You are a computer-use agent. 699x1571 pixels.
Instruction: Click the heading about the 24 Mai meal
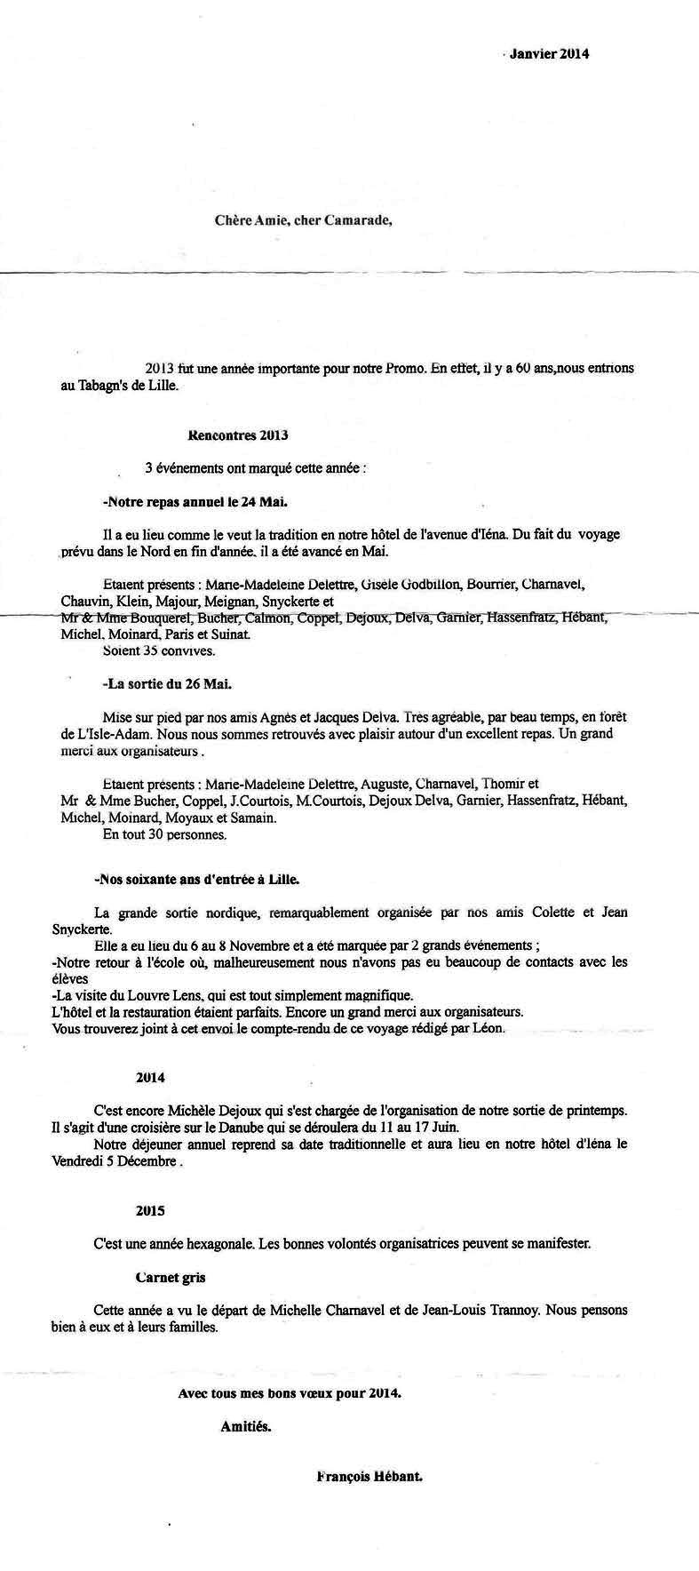point(195,502)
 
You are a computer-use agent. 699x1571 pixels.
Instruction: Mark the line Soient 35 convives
point(147,650)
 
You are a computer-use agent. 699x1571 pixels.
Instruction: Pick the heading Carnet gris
point(171,1277)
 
